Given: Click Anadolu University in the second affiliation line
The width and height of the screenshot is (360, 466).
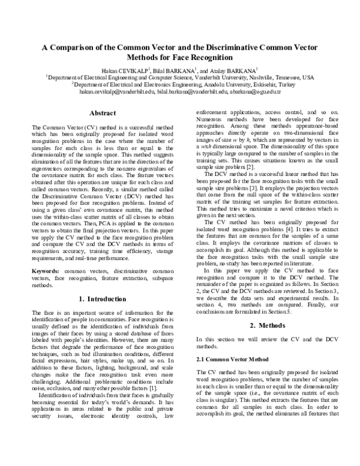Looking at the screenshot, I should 217,85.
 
